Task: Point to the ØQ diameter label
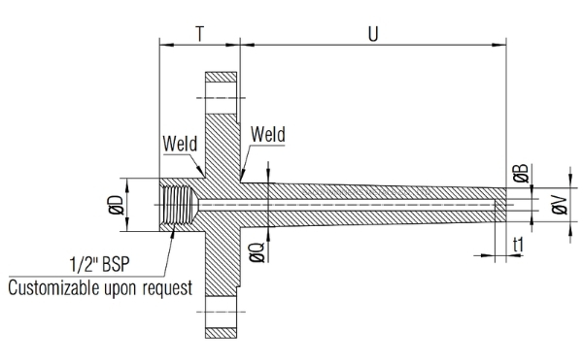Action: pos(256,251)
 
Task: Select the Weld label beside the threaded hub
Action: pos(180,144)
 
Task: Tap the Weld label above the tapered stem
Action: pos(267,134)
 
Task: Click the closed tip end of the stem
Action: pos(501,207)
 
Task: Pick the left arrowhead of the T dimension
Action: pos(162,44)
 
